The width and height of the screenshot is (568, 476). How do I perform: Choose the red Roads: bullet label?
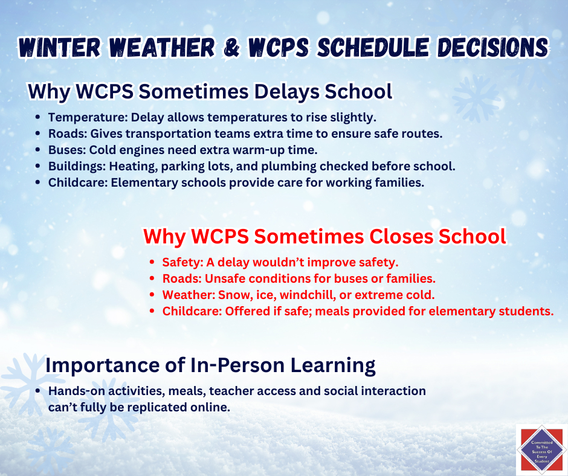pos(181,279)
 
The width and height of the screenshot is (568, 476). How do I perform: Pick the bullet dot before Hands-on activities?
pos(38,391)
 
